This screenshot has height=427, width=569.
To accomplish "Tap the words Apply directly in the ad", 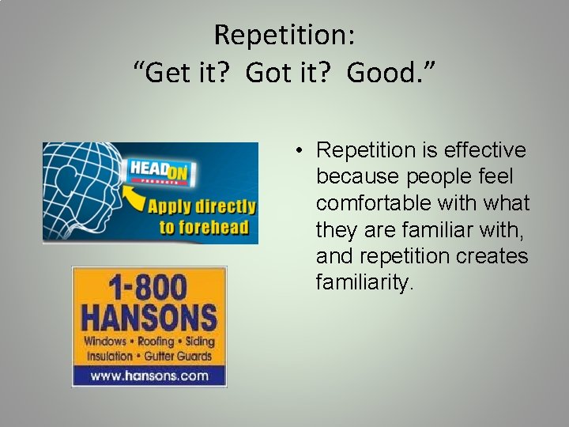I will [x=202, y=207].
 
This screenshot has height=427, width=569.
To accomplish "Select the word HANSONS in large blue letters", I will [x=149, y=318].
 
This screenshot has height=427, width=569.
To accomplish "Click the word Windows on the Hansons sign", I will [x=105, y=342].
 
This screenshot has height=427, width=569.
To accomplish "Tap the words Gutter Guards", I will [x=183, y=356].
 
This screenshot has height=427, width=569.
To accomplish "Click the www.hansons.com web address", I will [x=149, y=376].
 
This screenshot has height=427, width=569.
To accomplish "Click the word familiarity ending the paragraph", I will [x=364, y=282].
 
